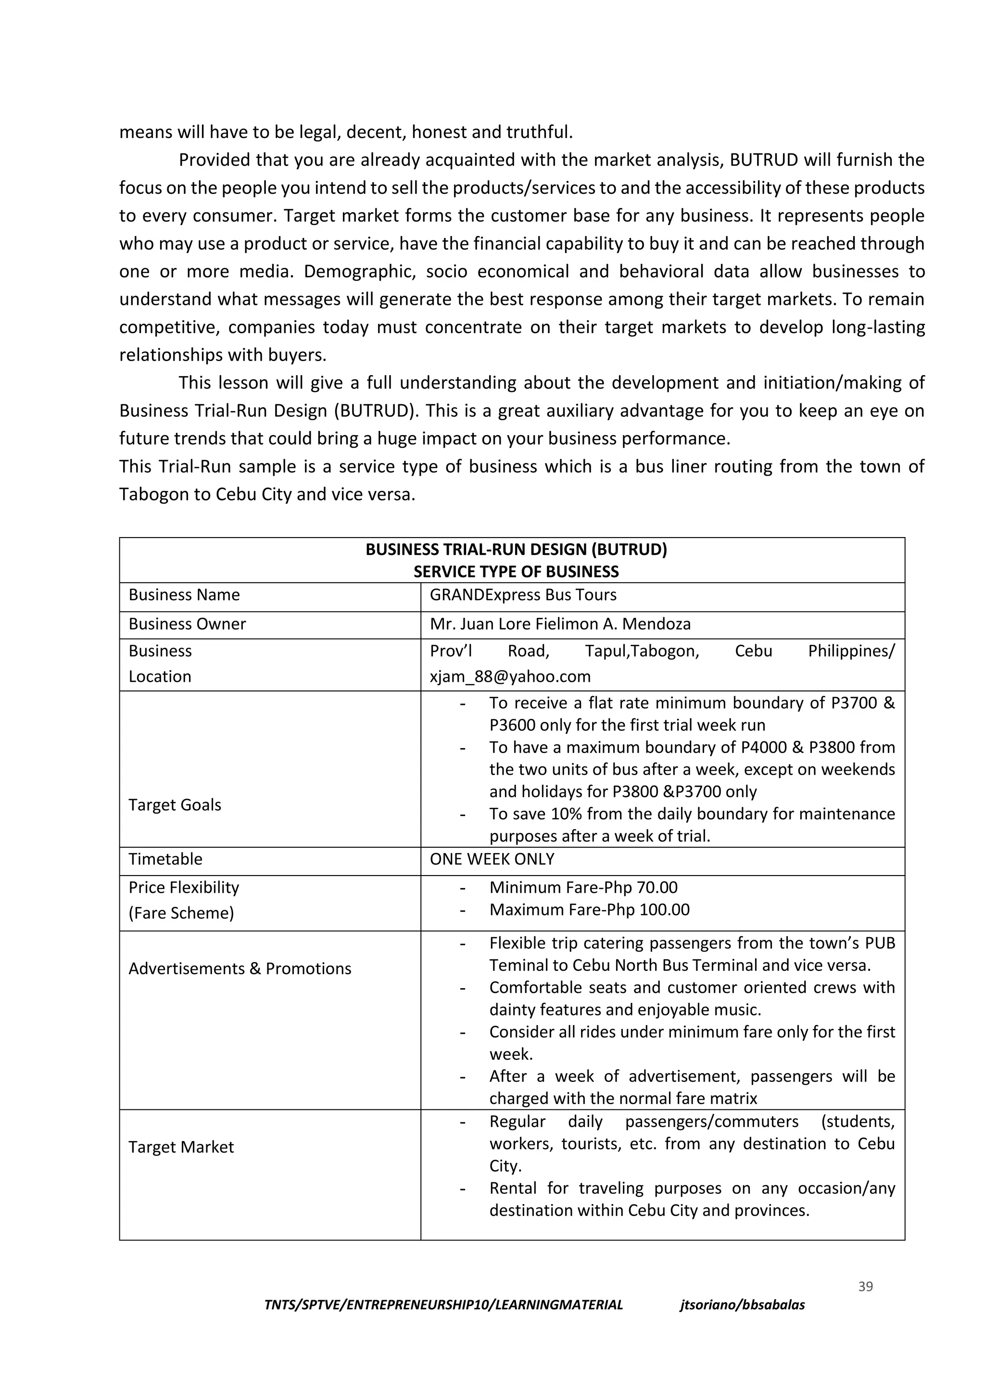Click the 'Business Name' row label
[x=184, y=595]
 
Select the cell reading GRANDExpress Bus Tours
[x=523, y=595]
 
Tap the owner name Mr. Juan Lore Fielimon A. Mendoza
[x=560, y=624]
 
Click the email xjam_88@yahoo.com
[x=510, y=676]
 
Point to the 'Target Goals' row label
[x=175, y=804]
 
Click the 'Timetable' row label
[x=165, y=859]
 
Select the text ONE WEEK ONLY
[x=492, y=859]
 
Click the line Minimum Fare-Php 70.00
[x=583, y=888]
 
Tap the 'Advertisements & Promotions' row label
[x=240, y=968]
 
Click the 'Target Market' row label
[x=181, y=1147]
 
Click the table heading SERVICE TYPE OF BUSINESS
[x=516, y=572]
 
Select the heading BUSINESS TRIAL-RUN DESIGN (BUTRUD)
[x=516, y=550]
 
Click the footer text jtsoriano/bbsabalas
[x=742, y=1304]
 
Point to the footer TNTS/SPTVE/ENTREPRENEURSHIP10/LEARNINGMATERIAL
[x=443, y=1304]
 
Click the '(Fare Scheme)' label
[x=181, y=913]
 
